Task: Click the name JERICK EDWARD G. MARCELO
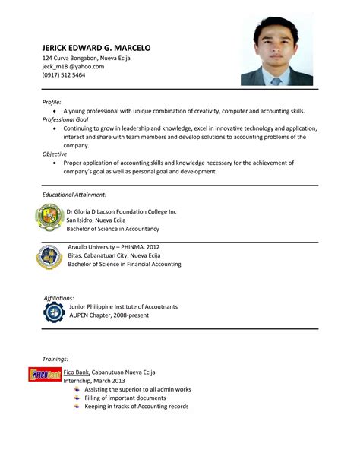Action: coord(96,48)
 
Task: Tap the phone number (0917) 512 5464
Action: coord(64,75)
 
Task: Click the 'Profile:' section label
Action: coord(52,101)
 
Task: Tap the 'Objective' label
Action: coord(55,154)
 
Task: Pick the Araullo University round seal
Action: coord(49,256)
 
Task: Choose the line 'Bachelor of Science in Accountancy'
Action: coord(113,228)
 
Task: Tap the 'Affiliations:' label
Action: coord(58,298)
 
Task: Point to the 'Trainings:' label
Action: coord(55,357)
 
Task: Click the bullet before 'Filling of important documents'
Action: coord(76,398)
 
